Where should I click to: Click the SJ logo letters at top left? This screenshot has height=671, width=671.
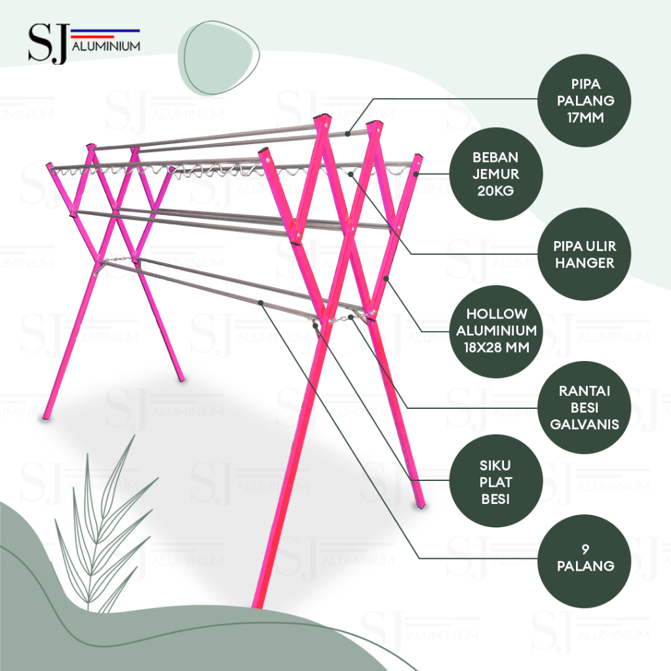[47, 45]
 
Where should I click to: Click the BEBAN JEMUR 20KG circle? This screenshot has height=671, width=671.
[495, 174]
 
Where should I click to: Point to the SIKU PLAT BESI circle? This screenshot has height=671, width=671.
[495, 482]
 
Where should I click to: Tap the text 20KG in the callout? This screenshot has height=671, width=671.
[495, 191]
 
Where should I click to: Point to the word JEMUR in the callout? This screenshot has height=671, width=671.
[495, 174]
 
